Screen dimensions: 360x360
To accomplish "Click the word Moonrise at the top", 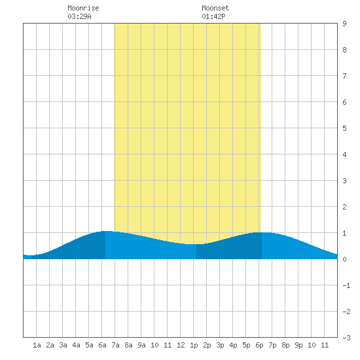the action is point(83,8).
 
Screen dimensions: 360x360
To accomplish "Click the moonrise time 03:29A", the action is point(79,16).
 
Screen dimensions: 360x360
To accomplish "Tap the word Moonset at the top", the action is point(215,8).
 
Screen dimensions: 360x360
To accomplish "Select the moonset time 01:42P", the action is point(213,16).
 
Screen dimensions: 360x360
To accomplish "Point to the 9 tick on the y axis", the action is point(344,24).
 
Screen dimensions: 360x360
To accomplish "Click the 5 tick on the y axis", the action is point(344,128).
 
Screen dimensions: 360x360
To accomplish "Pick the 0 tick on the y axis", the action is point(344,259).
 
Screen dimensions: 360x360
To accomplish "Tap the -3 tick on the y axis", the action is point(346,338).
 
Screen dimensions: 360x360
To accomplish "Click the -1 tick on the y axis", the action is point(346,285).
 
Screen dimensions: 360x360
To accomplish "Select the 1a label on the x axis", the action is point(37,345).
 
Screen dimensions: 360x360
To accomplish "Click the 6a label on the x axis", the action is point(102,345).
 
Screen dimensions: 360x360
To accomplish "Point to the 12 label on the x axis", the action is point(181,345).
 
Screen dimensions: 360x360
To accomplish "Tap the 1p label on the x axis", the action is point(194,345).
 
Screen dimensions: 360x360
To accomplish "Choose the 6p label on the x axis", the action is point(259,345).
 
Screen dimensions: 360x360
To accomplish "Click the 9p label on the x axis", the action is point(298,345).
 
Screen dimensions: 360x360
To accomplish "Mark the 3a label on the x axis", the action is point(63,345).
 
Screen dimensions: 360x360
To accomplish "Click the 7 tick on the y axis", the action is point(344,76).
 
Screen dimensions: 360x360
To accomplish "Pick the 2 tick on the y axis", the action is point(344,207).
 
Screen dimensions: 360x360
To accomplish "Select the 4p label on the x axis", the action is point(233,345).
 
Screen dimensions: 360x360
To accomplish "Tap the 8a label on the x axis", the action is point(128,345).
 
